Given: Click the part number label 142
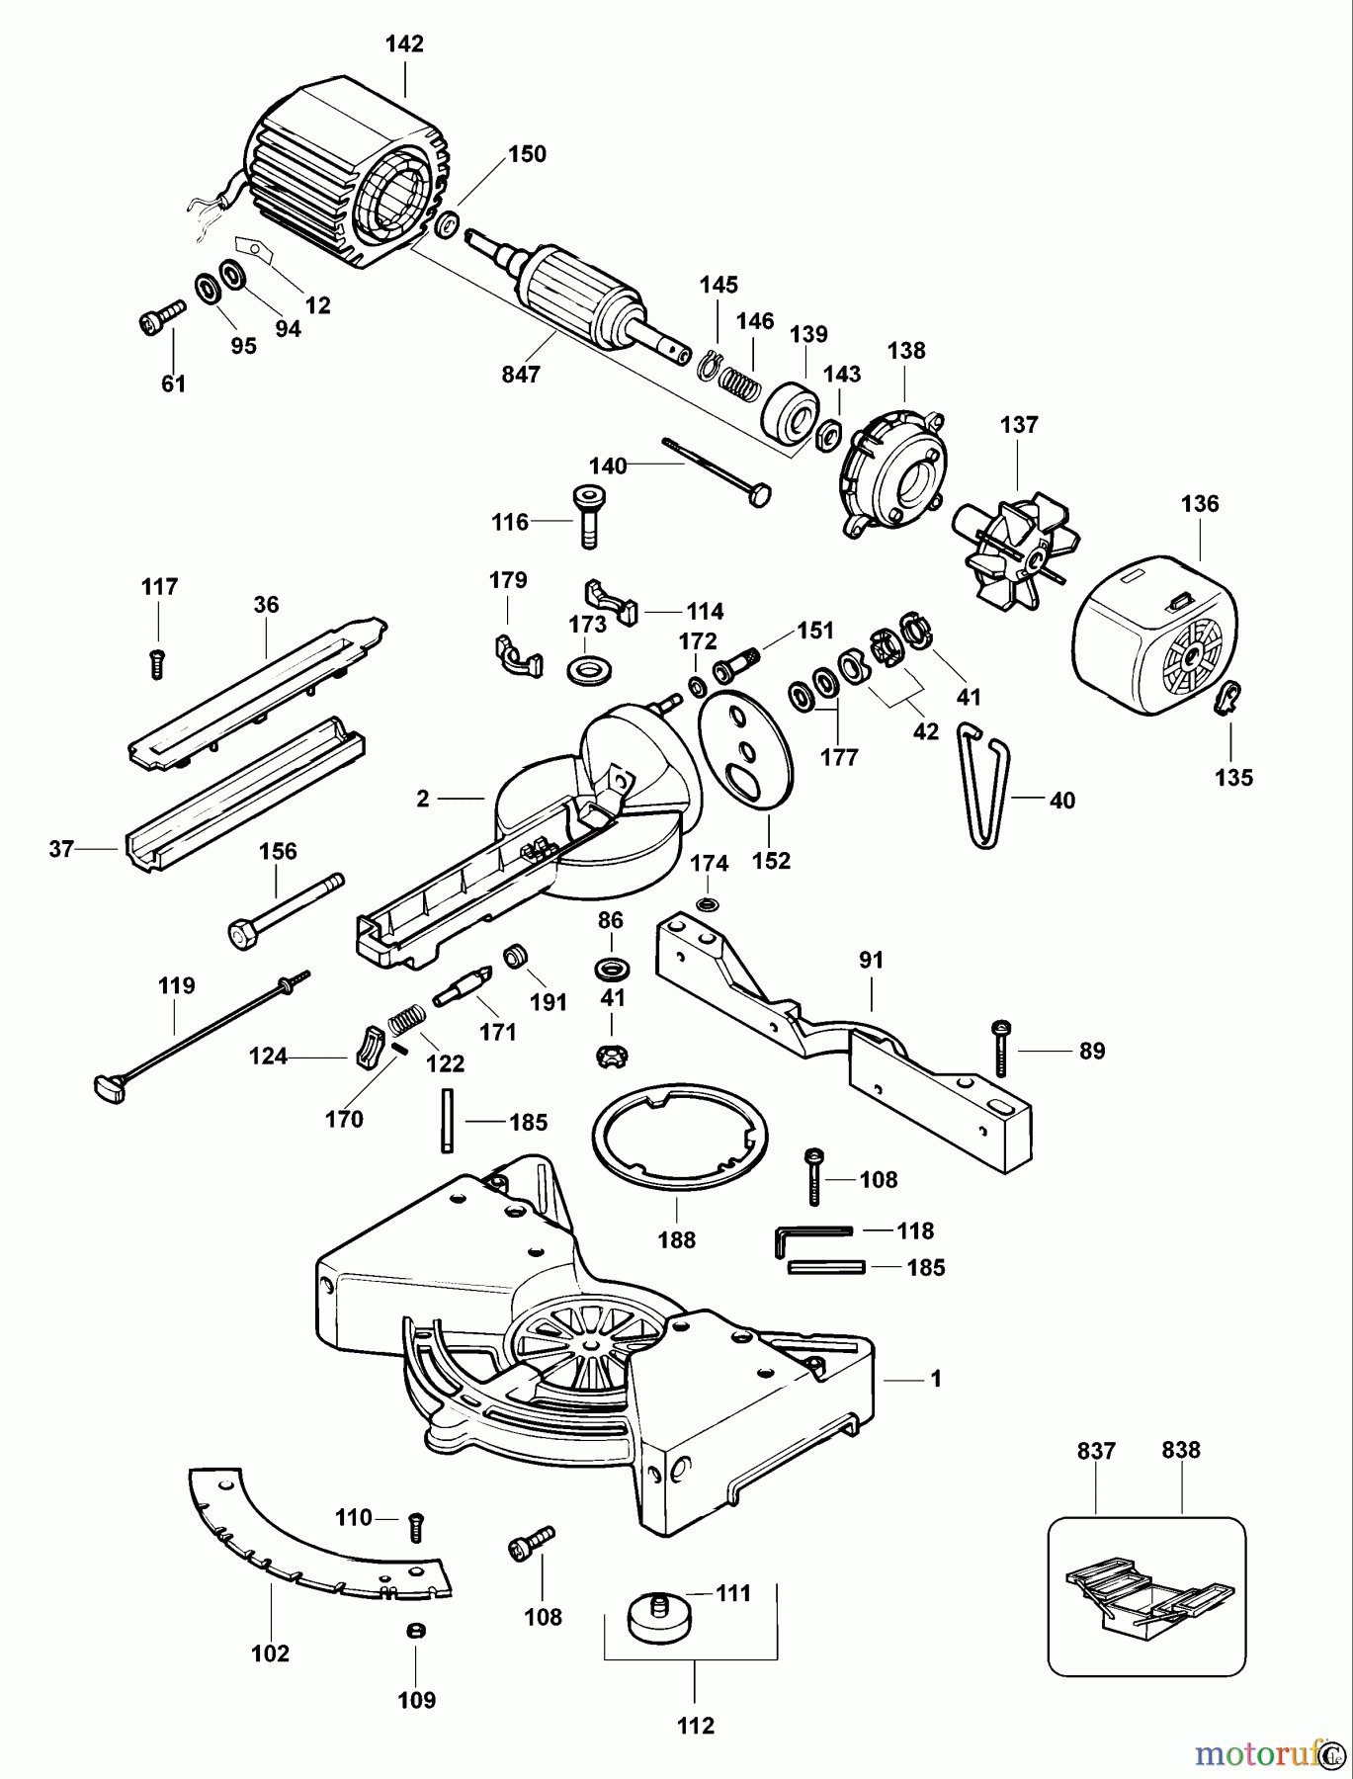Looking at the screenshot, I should pos(405,44).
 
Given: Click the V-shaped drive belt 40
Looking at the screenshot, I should pos(983,786).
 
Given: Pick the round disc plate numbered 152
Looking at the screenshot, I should pos(746,756).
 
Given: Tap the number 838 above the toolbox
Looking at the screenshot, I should pos(1181,1450).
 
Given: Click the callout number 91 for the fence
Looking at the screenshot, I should pos(872,960).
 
